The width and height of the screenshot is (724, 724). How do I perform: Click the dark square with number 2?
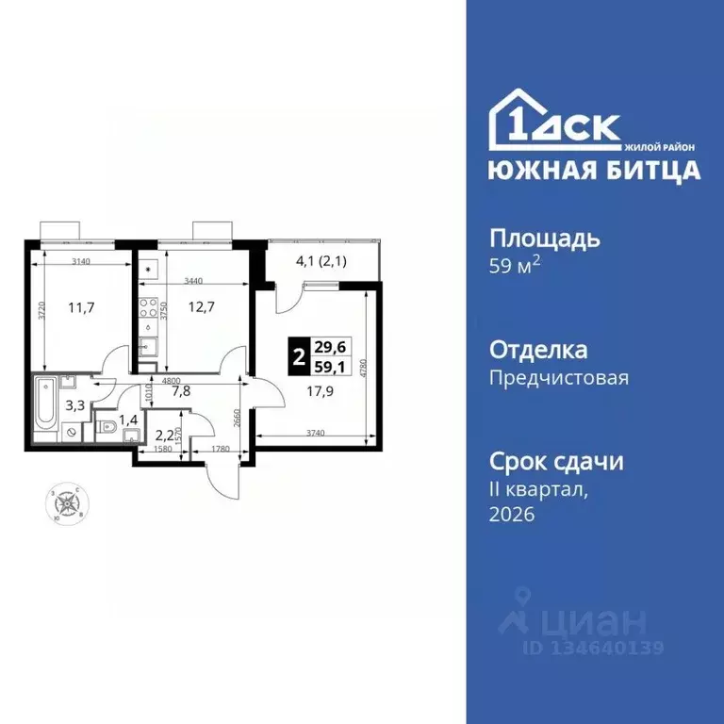pos(299,357)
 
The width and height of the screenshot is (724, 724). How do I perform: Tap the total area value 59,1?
pos(329,367)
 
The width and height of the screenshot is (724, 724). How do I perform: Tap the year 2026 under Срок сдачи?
pos(512,514)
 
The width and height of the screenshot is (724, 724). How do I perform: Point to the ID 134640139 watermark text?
pos(595,648)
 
